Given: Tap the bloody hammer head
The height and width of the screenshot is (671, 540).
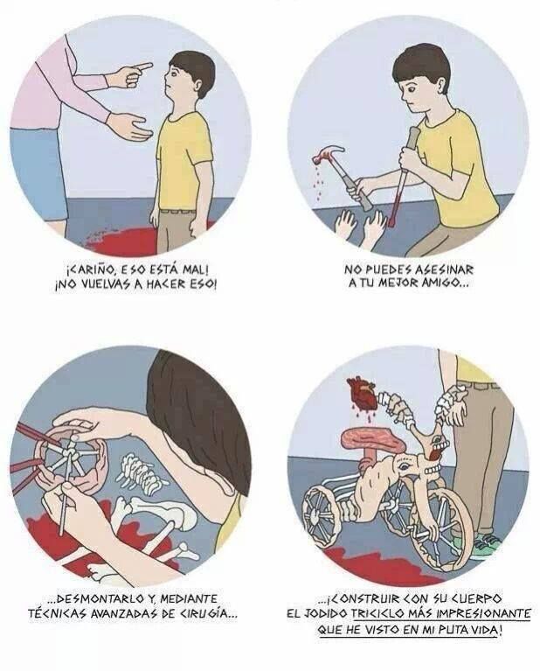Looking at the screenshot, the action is [328, 154].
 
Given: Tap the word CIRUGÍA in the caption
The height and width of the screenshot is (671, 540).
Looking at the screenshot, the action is [208, 613].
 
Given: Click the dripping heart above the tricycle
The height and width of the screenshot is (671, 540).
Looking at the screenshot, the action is [362, 392].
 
